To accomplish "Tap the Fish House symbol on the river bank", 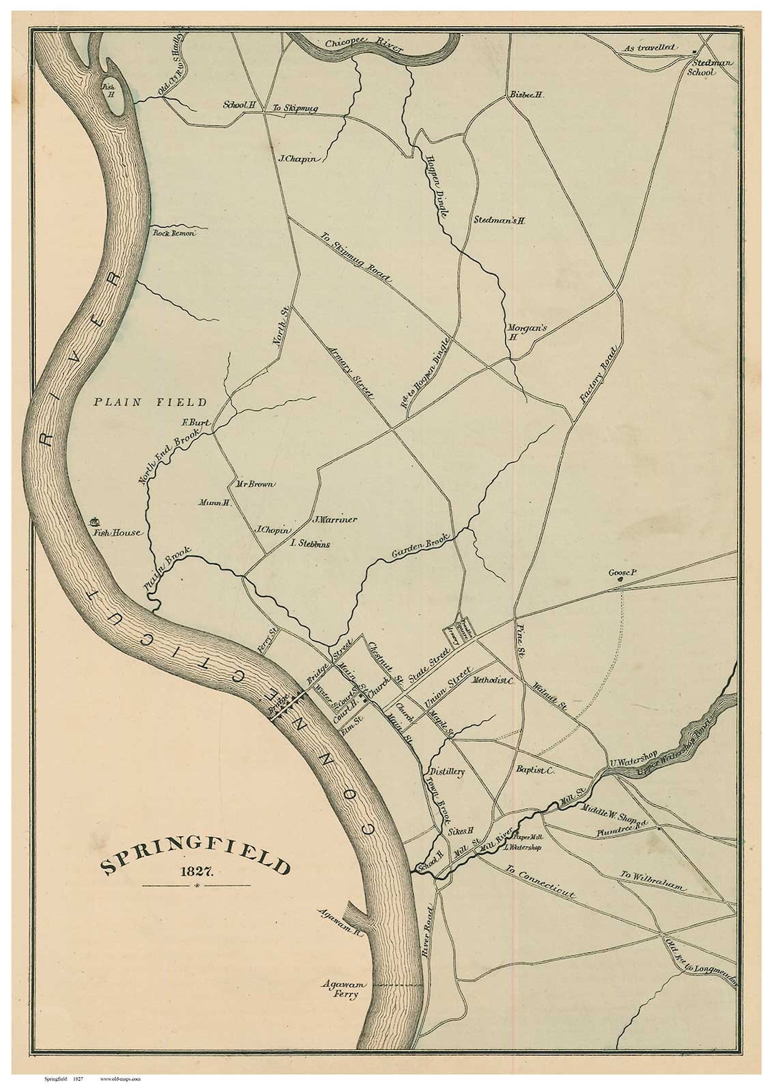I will coord(94,523).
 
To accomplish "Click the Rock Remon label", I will coord(172,233).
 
